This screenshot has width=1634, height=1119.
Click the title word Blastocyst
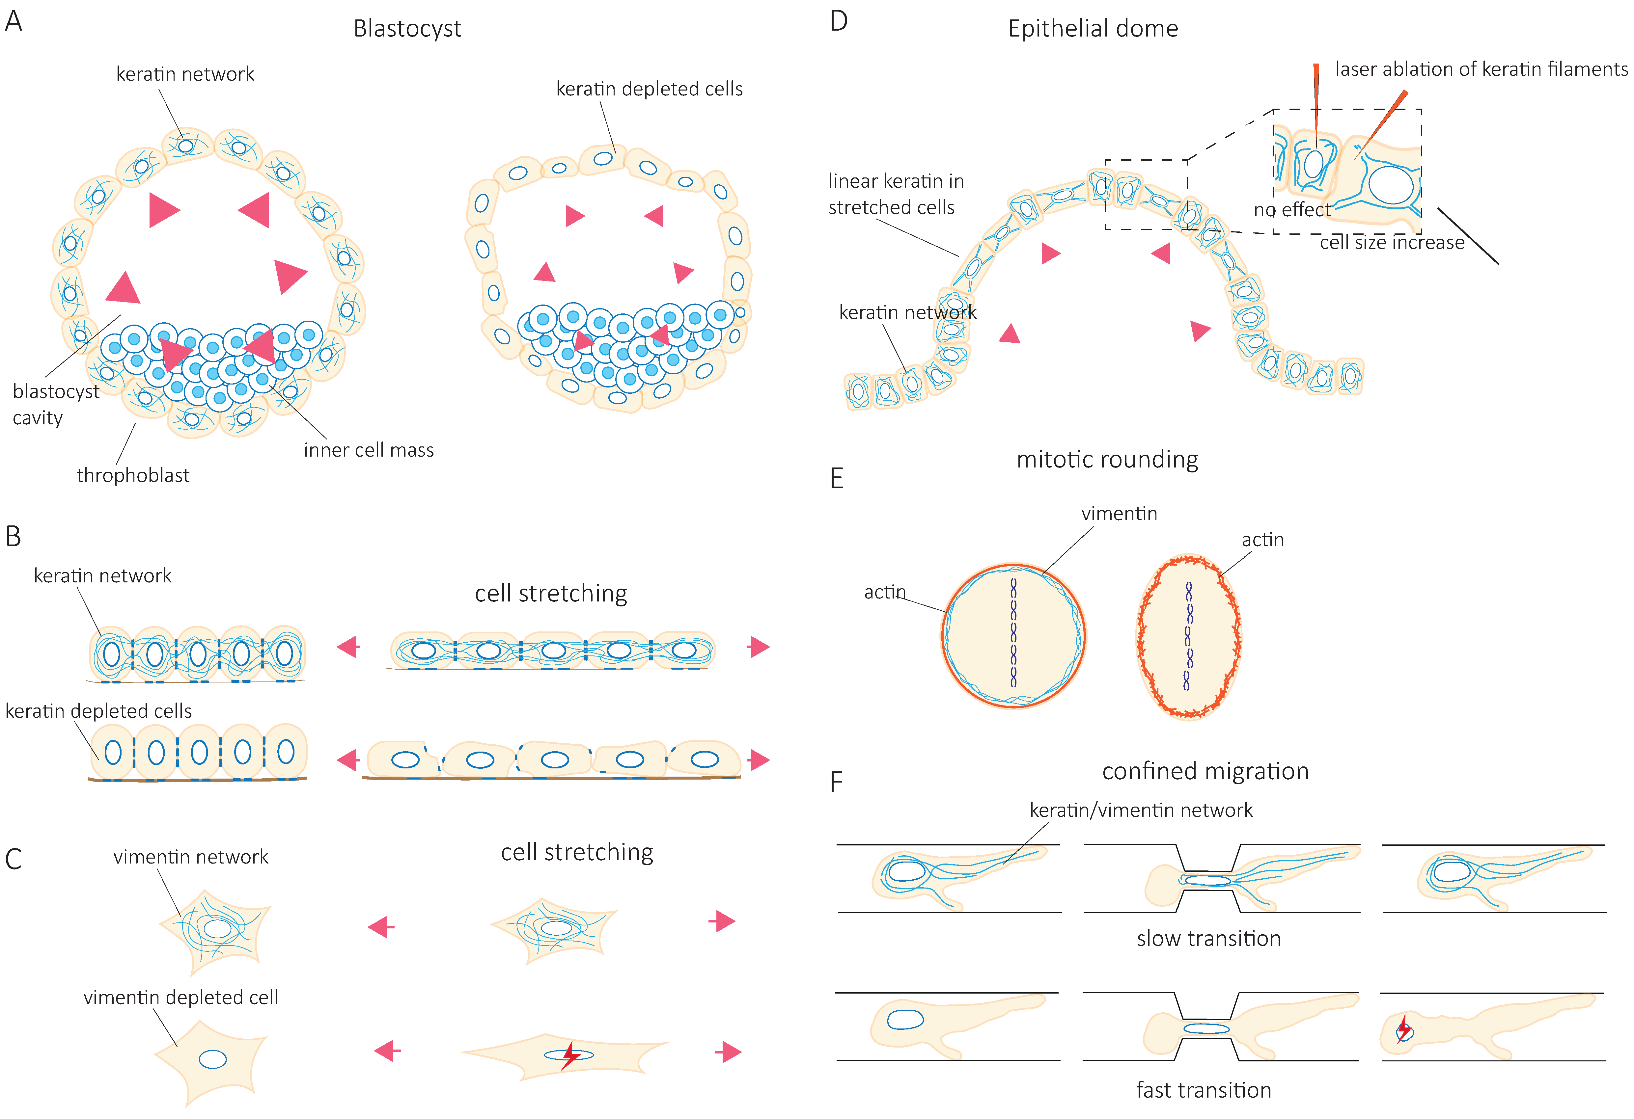point(407,29)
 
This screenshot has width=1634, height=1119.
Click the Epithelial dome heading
point(1093,29)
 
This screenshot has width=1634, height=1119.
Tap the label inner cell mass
point(369,450)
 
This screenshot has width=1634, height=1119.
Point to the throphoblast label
point(133,476)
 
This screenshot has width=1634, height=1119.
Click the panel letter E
point(836,479)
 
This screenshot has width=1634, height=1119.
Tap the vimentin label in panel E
point(1119,514)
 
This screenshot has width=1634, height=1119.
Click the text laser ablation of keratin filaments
point(1481,69)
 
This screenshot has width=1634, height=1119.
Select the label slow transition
point(1208,938)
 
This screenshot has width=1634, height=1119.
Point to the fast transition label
point(1203,1090)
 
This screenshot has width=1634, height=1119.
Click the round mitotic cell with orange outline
point(1013,635)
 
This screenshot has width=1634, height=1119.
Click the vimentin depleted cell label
point(181,998)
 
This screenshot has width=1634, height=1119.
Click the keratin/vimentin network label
point(1140,811)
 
